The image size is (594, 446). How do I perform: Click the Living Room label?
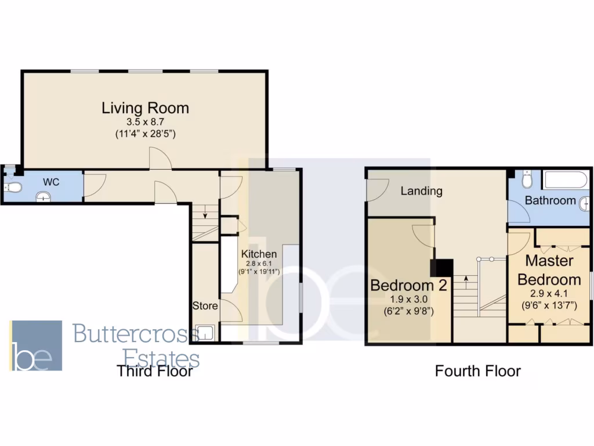[145, 108]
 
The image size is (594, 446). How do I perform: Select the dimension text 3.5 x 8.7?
[145, 123]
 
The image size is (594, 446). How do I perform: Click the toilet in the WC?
[14, 187]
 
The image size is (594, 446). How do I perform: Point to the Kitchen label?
[259, 254]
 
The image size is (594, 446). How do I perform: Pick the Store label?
[205, 305]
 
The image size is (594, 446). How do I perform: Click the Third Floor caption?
[154, 371]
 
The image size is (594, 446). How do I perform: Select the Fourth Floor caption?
[478, 371]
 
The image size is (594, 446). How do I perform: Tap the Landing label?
[422, 190]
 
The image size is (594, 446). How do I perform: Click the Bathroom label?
[550, 200]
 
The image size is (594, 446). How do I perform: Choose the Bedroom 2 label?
[402, 285]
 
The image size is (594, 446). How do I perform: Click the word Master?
[549, 260]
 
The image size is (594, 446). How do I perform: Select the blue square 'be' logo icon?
[36, 346]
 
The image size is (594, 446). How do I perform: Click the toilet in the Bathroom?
[527, 181]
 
